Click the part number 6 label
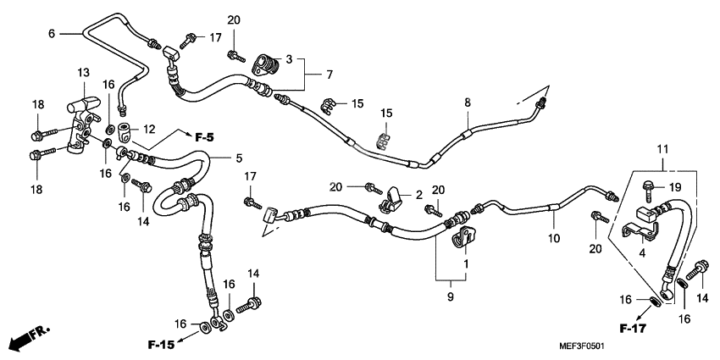51,33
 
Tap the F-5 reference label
205,137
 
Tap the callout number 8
467,102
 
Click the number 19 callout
674,186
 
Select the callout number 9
451,296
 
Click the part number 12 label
150,129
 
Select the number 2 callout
418,195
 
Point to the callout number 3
289,59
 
